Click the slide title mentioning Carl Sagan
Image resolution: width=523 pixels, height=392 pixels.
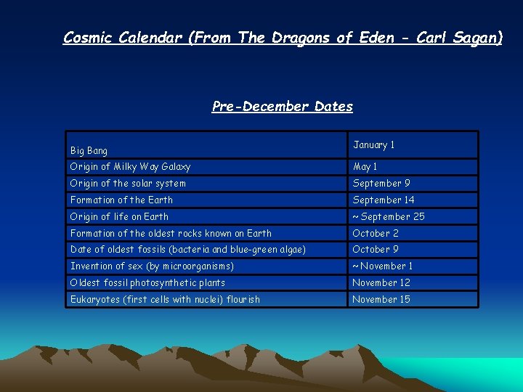(x=283, y=37)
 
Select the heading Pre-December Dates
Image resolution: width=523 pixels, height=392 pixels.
(x=282, y=107)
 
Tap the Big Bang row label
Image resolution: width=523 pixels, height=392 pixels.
(x=89, y=151)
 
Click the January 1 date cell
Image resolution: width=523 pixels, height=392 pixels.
(x=373, y=145)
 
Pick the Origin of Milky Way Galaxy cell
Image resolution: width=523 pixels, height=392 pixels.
(x=130, y=167)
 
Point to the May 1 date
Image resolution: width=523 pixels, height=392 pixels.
(x=365, y=167)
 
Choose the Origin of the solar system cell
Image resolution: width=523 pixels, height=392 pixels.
(x=128, y=184)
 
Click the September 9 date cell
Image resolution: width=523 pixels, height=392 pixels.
(x=381, y=184)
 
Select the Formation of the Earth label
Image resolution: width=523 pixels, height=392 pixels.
(x=121, y=200)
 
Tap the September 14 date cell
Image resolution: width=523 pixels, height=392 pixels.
(x=384, y=200)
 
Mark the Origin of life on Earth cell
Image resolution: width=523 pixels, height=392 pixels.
(x=119, y=217)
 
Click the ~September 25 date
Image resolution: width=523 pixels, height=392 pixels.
(x=388, y=217)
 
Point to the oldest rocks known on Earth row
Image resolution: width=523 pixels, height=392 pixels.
(x=171, y=234)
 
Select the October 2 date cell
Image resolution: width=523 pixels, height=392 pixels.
(x=375, y=234)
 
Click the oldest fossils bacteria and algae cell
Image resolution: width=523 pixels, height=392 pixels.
(x=188, y=250)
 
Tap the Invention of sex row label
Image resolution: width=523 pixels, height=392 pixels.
(x=152, y=266)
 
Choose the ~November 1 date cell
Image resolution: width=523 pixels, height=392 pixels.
(x=382, y=266)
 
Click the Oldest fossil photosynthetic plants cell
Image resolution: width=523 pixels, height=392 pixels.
(x=147, y=283)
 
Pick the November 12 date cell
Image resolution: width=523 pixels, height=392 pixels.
(x=381, y=283)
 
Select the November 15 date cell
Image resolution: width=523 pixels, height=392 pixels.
(x=381, y=300)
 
